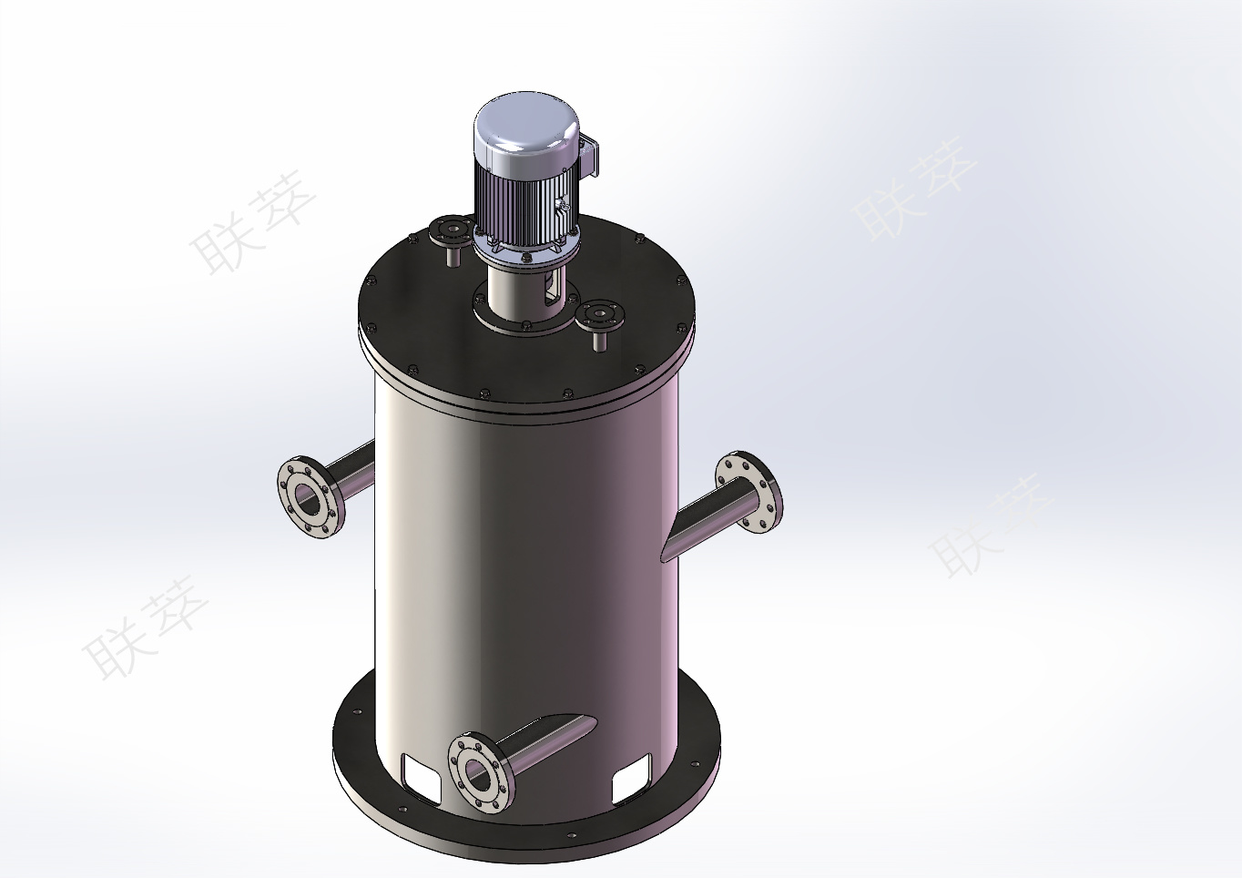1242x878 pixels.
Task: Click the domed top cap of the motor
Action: click(526, 127)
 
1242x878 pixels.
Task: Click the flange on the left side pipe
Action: click(310, 497)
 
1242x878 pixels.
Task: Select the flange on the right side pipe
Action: click(748, 492)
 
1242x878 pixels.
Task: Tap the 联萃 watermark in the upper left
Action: click(252, 223)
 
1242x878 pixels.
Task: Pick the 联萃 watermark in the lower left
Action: click(146, 628)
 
